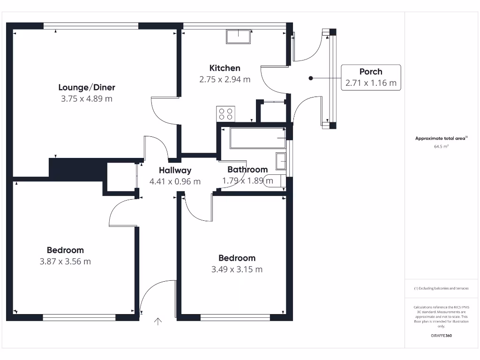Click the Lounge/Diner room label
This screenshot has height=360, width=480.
pos(87,87)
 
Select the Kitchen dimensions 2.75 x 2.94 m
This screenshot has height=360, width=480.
pos(225,79)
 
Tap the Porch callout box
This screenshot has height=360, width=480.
pos(371,78)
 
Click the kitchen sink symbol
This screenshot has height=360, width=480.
pos(239,36)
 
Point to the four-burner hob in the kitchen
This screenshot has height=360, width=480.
pos(225,114)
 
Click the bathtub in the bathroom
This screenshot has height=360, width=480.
pos(258,138)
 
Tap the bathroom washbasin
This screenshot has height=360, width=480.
pos(281,161)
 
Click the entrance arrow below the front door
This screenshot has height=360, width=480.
pos(158,321)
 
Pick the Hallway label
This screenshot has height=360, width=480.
pos(175,171)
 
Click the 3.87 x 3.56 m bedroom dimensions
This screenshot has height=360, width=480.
pos(65,262)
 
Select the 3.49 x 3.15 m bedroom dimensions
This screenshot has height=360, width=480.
pos(237,269)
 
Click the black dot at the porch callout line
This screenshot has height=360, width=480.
pos(310,78)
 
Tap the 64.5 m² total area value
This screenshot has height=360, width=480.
pos(441,146)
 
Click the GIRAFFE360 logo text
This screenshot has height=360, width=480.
pos(441,336)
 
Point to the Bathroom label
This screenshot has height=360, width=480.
pos(247,170)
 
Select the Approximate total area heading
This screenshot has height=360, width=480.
pos(441,138)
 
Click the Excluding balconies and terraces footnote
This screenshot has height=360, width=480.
pos(441,288)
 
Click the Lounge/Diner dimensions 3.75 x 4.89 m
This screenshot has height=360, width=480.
pos(87,98)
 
